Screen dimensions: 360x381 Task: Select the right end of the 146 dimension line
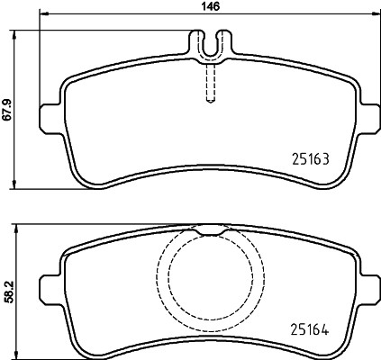[375, 15]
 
